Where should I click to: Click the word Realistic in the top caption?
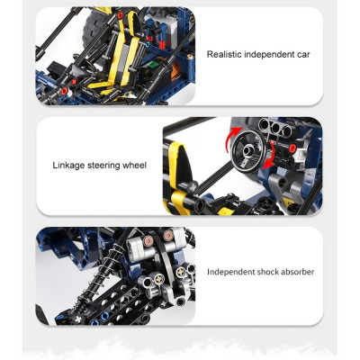click(x=224, y=55)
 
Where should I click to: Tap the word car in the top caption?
click(x=302, y=55)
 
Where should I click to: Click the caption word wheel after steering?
click(x=134, y=166)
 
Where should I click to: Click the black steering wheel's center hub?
click(x=248, y=149)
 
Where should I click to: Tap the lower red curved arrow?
click(x=269, y=156)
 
